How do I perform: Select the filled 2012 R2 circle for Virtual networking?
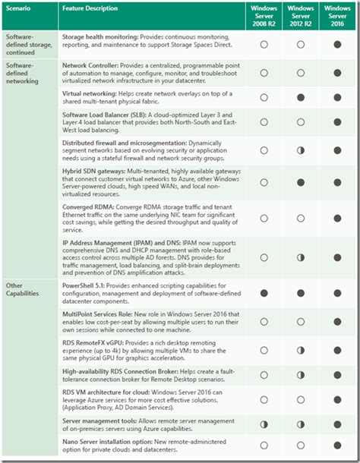tap(300, 98)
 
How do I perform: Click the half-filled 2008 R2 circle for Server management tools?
tap(264, 424)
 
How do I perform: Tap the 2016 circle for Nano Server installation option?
tap(336, 446)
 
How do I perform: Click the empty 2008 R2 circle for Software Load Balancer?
tap(264, 123)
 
